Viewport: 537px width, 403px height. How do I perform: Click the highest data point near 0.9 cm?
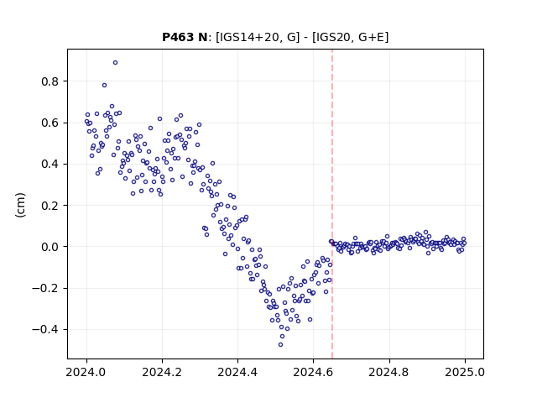coord(116,63)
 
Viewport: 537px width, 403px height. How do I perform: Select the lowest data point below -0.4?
coord(280,345)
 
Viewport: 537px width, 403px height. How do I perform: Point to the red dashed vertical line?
coord(332,204)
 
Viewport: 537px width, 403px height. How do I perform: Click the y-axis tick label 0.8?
coord(50,81)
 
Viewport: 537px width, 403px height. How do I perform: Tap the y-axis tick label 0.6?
coord(50,123)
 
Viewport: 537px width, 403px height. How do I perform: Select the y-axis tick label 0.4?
coord(50,165)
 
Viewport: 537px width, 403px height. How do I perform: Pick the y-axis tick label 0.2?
coord(50,206)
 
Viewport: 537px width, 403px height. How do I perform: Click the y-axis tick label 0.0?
coord(50,247)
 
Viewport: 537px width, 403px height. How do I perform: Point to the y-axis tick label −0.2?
coord(45,289)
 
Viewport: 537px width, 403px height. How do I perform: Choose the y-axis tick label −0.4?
coord(45,330)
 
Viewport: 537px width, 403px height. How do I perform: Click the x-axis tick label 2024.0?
coord(86,372)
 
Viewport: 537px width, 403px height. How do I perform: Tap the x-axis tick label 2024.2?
coord(162,372)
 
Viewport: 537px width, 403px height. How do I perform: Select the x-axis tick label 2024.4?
coord(237,372)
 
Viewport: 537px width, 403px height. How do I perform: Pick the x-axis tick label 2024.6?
coord(313,372)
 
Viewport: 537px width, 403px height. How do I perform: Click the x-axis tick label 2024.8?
coord(389,372)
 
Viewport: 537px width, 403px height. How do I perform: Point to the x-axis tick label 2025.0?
coord(465,372)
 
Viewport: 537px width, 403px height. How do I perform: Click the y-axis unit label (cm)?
coord(20,205)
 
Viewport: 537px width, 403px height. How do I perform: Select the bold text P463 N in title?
coord(185,37)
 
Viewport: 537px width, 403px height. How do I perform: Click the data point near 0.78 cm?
coord(104,86)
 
